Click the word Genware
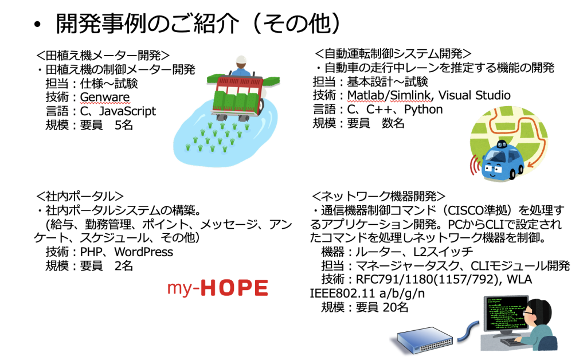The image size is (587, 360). pos(105,97)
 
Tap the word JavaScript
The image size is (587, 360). pos(127,111)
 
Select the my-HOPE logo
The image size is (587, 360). pos(217,288)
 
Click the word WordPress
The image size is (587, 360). pos(144,252)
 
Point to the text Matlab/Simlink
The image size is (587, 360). pos(389,95)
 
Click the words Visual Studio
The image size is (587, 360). pos(474,95)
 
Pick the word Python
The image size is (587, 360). pos(424,109)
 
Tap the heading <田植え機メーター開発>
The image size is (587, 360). pos(103,56)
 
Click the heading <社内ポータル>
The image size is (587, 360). pos(80,196)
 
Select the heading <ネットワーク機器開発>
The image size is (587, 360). pos(378,196)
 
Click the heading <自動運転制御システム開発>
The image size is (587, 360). pos(393,53)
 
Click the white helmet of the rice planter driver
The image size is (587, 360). pos(241,60)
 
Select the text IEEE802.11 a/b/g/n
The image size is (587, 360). pos(367,294)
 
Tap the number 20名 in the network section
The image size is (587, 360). pos(396,307)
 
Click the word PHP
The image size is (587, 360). pos(91,252)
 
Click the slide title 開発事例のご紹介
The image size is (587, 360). pos(147,24)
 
